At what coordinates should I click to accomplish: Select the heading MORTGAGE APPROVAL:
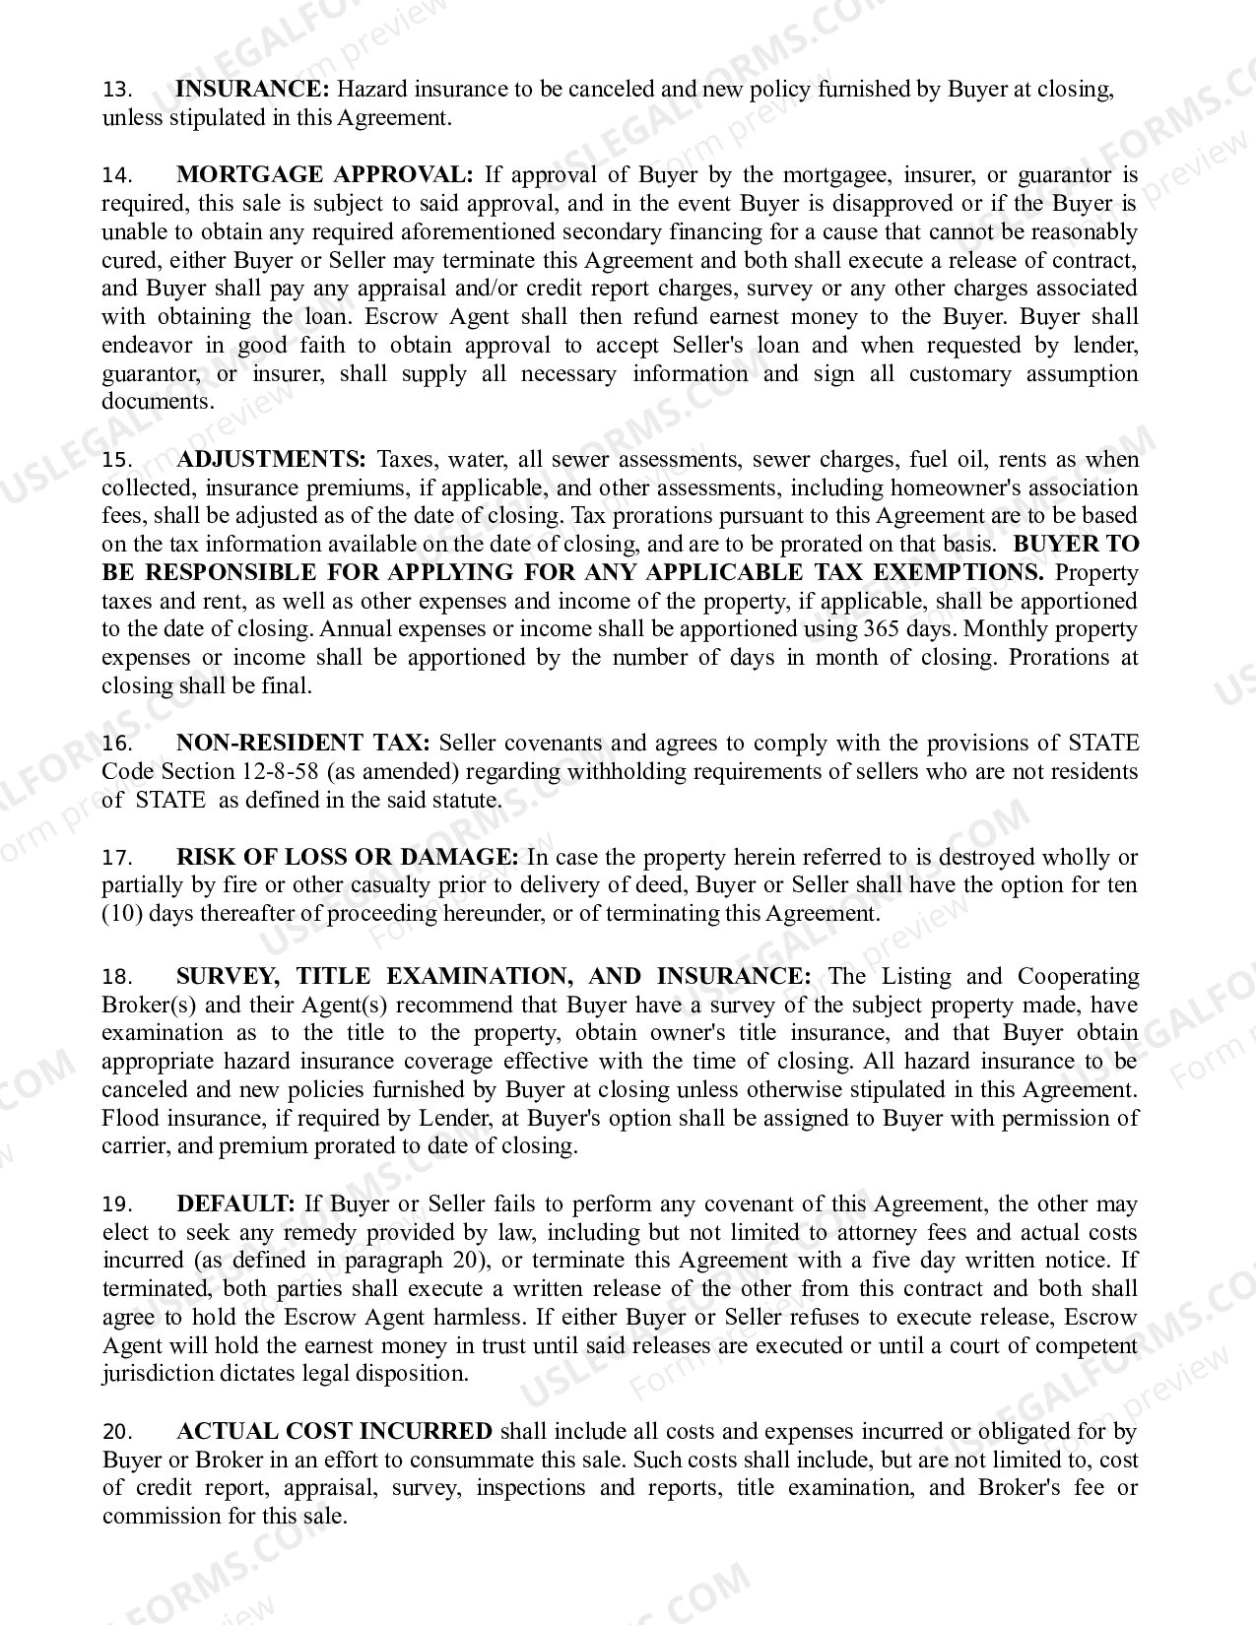click(324, 175)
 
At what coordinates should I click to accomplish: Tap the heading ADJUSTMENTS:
click(271, 459)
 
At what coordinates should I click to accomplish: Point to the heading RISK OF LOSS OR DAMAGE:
click(347, 857)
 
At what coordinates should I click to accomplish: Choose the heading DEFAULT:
click(235, 1203)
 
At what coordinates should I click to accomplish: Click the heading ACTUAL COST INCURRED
click(334, 1431)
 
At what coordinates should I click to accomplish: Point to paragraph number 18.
click(116, 977)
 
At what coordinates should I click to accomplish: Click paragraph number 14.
click(116, 176)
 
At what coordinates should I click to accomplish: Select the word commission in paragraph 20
click(163, 1516)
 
